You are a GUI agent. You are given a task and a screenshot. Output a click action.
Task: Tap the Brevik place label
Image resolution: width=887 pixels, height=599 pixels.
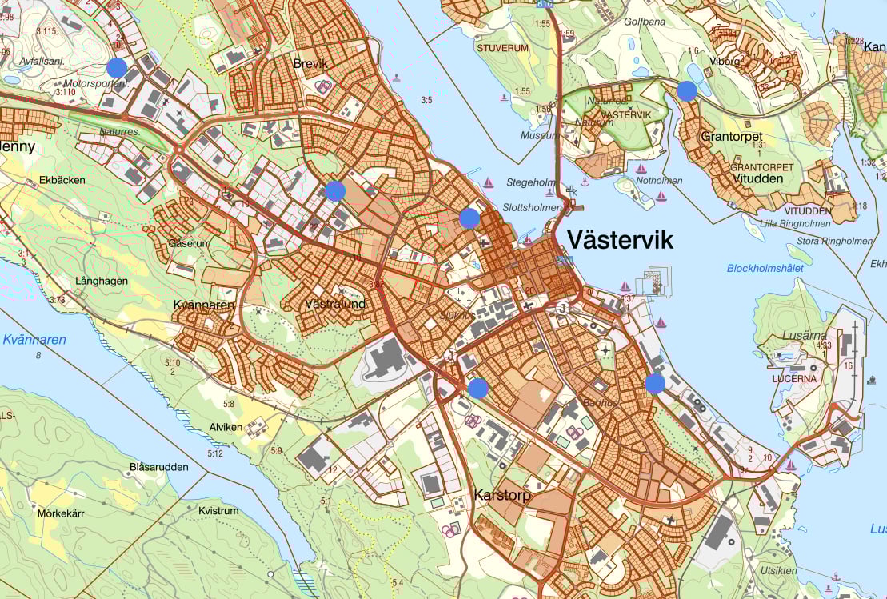pyautogui.click(x=310, y=63)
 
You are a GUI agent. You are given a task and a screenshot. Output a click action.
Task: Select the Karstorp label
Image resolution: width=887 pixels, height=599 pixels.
pyautogui.click(x=501, y=495)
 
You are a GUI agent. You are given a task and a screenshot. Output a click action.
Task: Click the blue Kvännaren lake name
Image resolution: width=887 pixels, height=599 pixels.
pyautogui.click(x=34, y=340)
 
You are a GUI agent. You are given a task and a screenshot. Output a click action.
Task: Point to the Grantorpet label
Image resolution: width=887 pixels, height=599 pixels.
pyautogui.click(x=731, y=137)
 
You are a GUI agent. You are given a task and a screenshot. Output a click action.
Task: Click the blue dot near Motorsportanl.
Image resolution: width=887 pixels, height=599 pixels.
pyautogui.click(x=117, y=67)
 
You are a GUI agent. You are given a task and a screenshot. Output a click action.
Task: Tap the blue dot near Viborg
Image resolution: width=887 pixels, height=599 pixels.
pyautogui.click(x=687, y=90)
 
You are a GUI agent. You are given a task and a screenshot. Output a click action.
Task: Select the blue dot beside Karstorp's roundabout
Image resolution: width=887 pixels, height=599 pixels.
pyautogui.click(x=477, y=389)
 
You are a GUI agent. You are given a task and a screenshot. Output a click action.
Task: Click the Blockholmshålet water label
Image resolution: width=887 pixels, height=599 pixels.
pyautogui.click(x=765, y=269)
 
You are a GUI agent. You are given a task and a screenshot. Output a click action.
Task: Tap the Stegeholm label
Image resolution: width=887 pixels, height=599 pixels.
pyautogui.click(x=530, y=182)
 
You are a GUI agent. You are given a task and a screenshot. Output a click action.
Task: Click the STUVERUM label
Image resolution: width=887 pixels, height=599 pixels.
pyautogui.click(x=503, y=48)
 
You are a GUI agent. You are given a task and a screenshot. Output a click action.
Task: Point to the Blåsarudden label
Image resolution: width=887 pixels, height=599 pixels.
pyautogui.click(x=159, y=467)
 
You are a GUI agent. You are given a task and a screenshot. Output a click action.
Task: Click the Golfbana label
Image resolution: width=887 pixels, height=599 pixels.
pyautogui.click(x=645, y=22)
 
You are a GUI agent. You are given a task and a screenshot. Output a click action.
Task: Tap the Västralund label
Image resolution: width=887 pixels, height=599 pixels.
pyautogui.click(x=335, y=304)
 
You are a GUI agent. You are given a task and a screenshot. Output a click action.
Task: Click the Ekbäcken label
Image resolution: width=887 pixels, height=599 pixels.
pyautogui.click(x=62, y=180)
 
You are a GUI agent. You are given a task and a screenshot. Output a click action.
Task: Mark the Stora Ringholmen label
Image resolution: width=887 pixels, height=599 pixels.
pyautogui.click(x=836, y=241)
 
